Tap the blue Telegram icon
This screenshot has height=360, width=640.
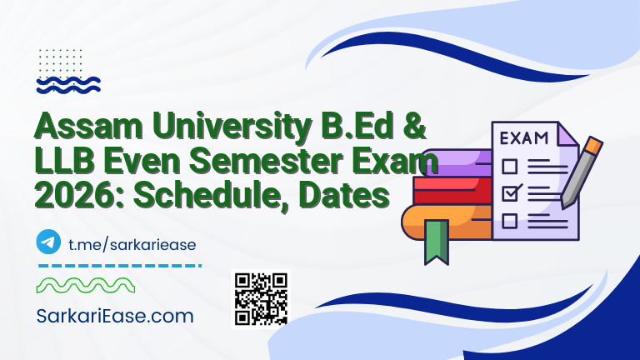(x=49, y=242)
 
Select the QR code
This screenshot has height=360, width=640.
(x=261, y=297)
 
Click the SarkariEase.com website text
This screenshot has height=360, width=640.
(x=115, y=316)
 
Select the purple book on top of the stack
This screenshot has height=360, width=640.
(x=450, y=160)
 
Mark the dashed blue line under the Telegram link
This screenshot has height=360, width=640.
(x=120, y=266)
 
